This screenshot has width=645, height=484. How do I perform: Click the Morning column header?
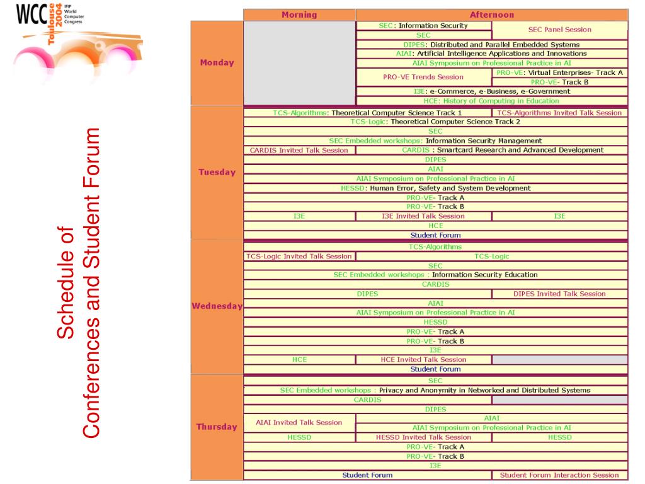(x=299, y=14)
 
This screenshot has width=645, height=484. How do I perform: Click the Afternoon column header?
(x=491, y=14)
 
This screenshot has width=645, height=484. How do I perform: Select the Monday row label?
(x=217, y=62)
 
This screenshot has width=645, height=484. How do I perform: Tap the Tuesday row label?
(x=217, y=172)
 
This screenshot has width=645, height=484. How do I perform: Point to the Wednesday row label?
(x=217, y=306)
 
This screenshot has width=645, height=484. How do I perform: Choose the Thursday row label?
(x=217, y=427)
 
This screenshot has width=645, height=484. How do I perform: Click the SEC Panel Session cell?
(x=559, y=30)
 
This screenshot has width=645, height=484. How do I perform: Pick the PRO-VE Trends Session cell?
(x=423, y=77)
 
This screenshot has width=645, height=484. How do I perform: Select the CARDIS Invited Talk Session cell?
(x=299, y=150)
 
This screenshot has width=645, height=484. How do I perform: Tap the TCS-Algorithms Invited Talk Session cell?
(x=559, y=113)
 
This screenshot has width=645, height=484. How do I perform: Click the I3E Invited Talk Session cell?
(x=423, y=216)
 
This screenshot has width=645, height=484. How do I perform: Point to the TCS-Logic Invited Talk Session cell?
(x=299, y=256)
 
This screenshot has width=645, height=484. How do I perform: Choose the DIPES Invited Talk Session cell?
(x=559, y=294)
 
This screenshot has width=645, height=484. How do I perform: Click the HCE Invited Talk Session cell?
(x=423, y=359)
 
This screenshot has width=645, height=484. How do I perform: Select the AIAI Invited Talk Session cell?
(x=299, y=423)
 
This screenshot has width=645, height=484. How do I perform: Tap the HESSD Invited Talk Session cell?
(x=423, y=437)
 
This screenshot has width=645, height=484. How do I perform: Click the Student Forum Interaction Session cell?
(x=559, y=475)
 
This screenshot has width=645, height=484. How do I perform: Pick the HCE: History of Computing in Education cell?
(x=491, y=101)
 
